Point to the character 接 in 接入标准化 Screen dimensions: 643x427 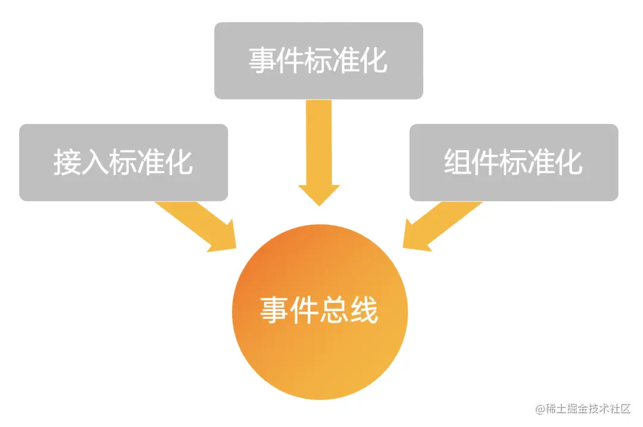point(67,161)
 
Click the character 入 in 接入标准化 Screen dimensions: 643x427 point(95,161)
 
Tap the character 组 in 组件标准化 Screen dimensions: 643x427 point(458,161)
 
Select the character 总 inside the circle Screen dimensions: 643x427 point(335,310)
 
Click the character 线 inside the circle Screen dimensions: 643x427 point(364,310)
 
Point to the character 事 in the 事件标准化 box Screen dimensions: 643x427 point(263,60)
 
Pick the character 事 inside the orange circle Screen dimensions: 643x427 point(275,310)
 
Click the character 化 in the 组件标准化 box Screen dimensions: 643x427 point(569,161)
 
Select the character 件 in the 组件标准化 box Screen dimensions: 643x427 point(486,161)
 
